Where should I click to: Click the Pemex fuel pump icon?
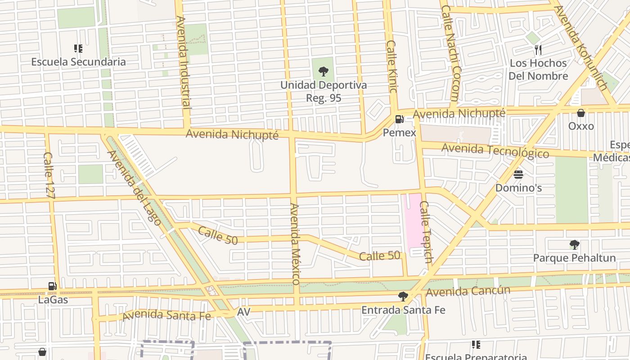coord(399,120)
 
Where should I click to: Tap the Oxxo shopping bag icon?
coord(581,113)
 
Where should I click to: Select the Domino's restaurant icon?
coord(518,174)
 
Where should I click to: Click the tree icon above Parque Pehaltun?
coord(574,245)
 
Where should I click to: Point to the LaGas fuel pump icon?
coord(53,286)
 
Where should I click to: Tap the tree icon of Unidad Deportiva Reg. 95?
coord(323,71)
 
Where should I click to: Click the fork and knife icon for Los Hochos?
coord(538,49)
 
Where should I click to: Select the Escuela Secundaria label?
coord(78,62)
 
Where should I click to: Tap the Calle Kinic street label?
coord(391,67)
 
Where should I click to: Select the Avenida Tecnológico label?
coord(495,150)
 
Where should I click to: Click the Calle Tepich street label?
coord(425,232)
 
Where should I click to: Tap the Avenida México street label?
coord(295,243)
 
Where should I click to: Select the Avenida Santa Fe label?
coord(166,315)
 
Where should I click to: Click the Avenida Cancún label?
coord(468,291)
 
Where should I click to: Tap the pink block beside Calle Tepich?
coord(414,222)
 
